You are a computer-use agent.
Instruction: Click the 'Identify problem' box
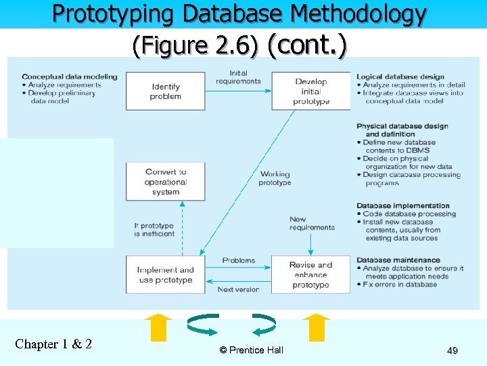coord(166,91)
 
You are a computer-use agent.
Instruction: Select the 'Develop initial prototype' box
coord(311,91)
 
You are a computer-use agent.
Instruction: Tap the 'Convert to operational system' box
coord(166,182)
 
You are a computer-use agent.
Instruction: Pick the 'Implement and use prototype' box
coord(166,274)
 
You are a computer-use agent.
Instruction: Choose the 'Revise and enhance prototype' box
coord(311,274)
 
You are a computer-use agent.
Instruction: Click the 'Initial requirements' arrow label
coord(238,77)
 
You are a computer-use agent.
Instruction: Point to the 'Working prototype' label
coord(275,178)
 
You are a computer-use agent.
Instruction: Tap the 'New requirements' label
coord(312,223)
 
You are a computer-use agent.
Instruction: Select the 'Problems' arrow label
coord(239,260)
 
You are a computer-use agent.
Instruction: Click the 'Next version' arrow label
coord(238,289)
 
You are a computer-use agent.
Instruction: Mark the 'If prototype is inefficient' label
coord(154,230)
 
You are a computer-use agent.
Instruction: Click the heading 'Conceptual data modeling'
coord(69,77)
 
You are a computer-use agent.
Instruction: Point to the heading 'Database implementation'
coord(403,206)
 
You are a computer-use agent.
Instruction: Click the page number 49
coord(453,350)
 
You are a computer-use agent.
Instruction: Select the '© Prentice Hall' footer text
coord(252,350)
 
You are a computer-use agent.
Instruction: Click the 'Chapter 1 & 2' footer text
coord(53,344)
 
